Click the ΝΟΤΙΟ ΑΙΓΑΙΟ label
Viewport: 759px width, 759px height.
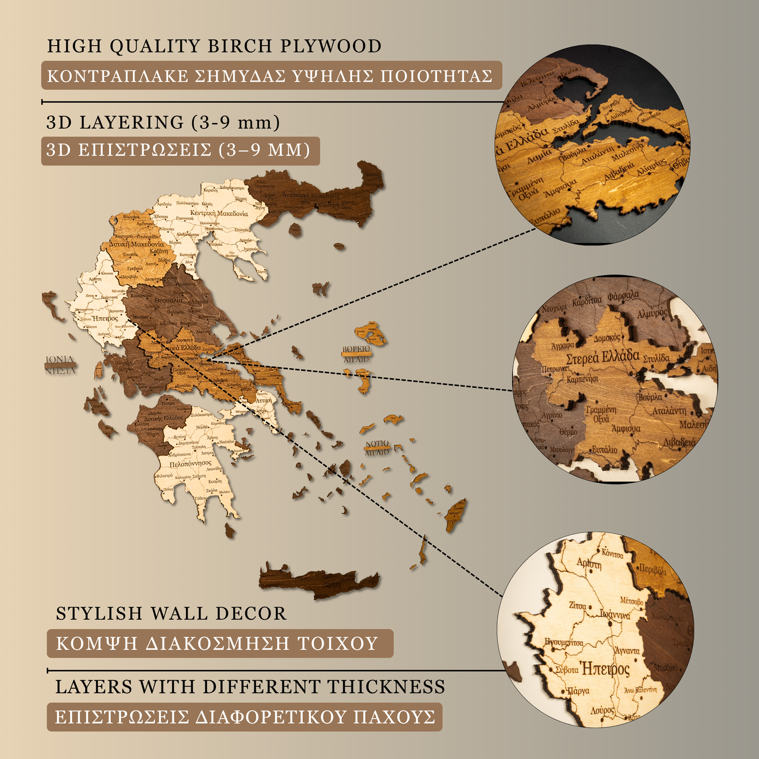(377, 448)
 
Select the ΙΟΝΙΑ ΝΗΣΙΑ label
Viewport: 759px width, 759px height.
(60, 365)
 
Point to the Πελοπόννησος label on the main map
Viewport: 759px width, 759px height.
(190, 464)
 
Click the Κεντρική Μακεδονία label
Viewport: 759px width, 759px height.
(219, 214)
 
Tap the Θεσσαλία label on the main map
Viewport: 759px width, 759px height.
(169, 300)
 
